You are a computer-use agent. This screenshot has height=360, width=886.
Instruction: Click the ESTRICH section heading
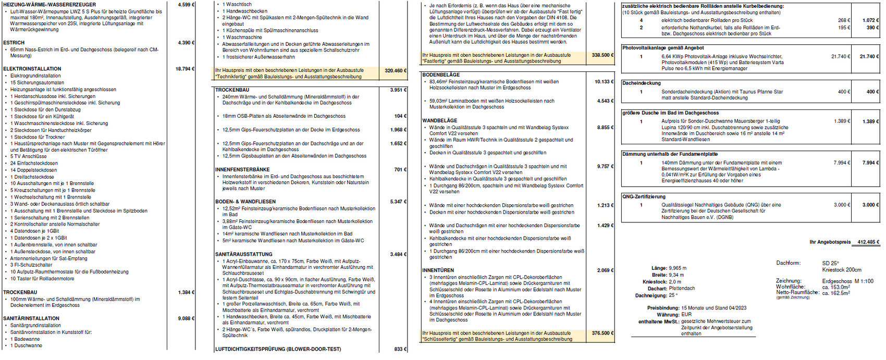click(x=14, y=43)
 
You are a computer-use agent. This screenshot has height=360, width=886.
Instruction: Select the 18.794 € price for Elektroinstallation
click(x=185, y=69)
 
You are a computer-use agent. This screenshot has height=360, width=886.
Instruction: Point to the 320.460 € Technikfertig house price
click(x=394, y=70)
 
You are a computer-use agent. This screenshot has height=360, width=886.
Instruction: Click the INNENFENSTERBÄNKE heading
click(x=242, y=169)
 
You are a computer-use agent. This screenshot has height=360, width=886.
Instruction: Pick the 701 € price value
click(x=399, y=169)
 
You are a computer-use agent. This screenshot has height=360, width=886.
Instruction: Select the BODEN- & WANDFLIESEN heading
click(x=245, y=201)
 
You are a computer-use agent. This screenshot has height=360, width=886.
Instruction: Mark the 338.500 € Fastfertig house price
click(x=602, y=55)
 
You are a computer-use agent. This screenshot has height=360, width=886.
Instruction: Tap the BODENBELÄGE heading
click(x=441, y=75)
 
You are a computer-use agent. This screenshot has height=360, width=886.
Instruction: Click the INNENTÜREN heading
click(x=438, y=270)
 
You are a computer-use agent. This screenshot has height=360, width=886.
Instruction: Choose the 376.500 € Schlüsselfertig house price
click(x=602, y=333)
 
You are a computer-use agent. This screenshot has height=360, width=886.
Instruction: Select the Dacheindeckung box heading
click(x=641, y=83)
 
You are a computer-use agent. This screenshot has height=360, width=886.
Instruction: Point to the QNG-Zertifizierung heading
click(x=644, y=197)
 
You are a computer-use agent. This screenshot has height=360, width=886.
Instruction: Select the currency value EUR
click(x=686, y=315)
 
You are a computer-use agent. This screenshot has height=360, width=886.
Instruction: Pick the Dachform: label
click(x=788, y=263)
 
